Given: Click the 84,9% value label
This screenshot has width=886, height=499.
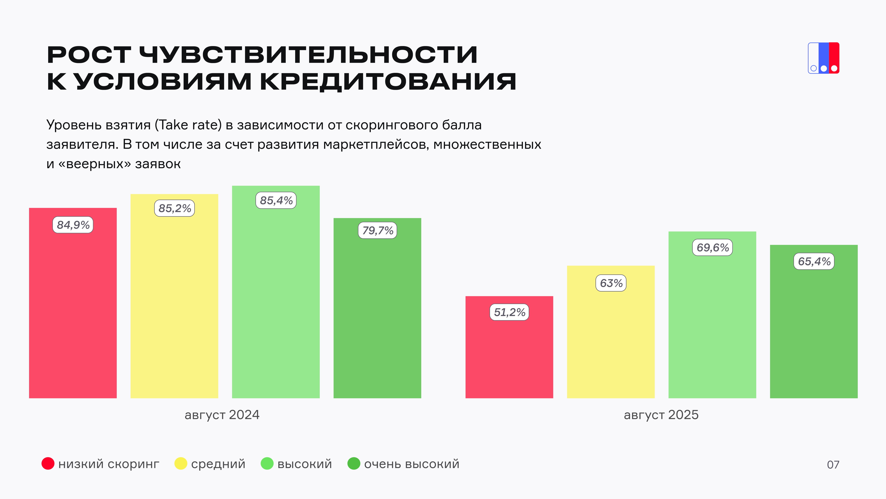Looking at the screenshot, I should tap(73, 225).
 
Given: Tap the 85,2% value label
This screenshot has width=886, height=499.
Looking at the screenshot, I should tap(174, 208).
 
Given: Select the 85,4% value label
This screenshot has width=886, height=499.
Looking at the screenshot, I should tap(276, 200).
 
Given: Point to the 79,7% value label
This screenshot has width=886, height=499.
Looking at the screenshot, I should tap(377, 230).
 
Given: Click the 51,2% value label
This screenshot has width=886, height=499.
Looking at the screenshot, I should tap(509, 312).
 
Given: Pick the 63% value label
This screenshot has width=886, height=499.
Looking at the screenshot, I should tap(611, 283).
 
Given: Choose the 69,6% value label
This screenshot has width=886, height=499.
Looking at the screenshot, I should tap(712, 248).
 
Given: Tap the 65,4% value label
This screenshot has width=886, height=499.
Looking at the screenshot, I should tap(814, 261).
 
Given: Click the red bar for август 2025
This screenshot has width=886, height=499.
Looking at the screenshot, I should tap(509, 358).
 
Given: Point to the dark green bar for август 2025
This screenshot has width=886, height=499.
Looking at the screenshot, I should tap(814, 331).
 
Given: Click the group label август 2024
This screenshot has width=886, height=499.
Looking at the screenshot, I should tap(222, 415).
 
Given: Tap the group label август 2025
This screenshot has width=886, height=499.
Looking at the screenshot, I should tap(661, 415).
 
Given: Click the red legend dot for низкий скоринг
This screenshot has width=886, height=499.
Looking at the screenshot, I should tap(48, 464).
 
